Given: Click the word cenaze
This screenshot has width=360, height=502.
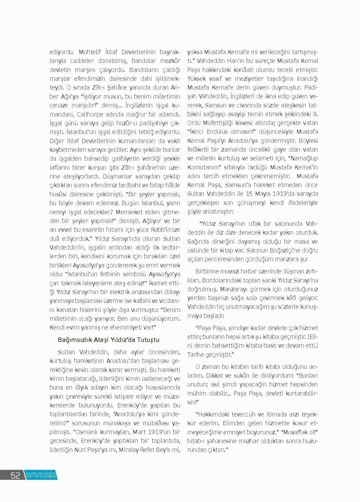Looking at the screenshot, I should pos(58,105).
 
